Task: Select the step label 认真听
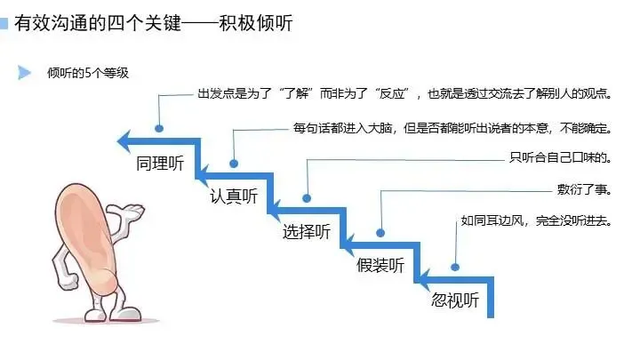coord(233,197)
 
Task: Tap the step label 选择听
coord(306,232)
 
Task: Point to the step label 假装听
coord(380,265)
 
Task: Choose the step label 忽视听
coord(454,300)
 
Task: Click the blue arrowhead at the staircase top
coord(125,140)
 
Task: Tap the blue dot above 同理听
coord(159,128)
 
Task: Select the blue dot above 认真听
coord(233,164)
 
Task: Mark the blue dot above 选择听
coord(307,197)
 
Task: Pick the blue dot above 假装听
coord(380,232)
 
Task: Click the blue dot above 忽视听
coord(455,265)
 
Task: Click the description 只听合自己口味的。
coord(559,158)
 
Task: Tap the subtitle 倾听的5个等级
coord(88,73)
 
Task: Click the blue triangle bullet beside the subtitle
coord(25,73)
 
